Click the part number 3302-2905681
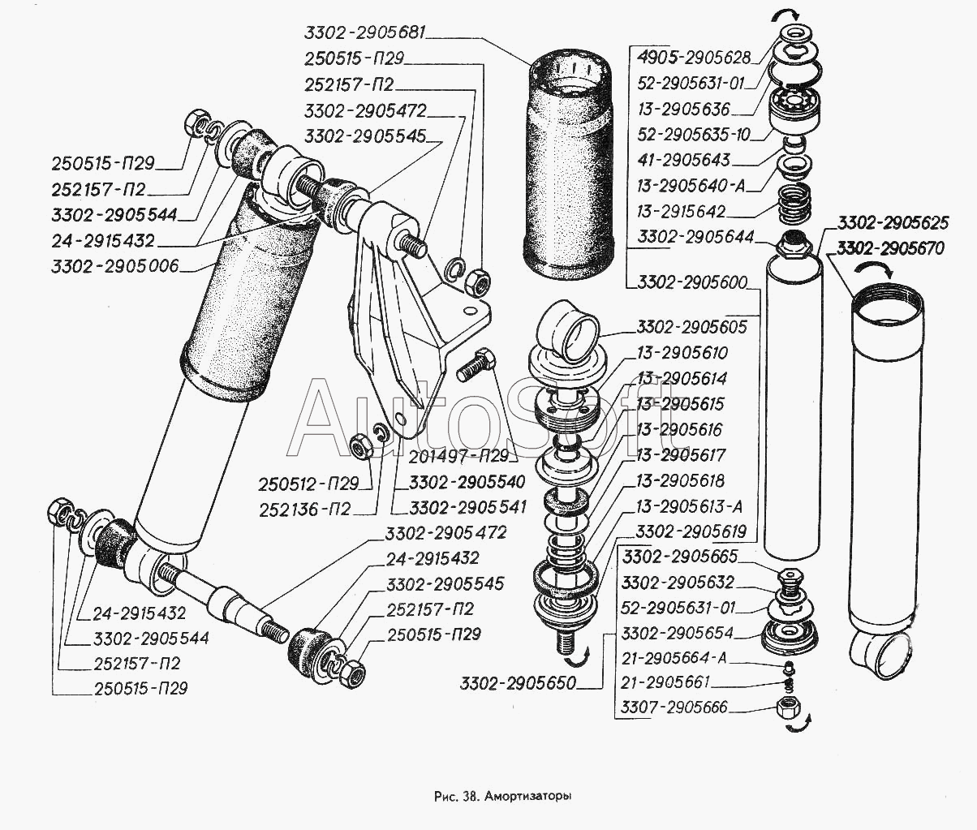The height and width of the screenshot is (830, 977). point(365,32)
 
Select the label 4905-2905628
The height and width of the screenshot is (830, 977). point(694,58)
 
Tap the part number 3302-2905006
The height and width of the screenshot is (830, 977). point(115,266)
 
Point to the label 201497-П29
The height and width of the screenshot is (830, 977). point(458,457)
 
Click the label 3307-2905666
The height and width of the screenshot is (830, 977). point(674,707)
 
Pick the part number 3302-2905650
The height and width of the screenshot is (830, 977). point(518,683)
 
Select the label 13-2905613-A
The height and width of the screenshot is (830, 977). point(689,507)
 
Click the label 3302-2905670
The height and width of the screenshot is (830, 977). point(890,248)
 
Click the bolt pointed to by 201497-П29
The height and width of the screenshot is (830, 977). point(476,365)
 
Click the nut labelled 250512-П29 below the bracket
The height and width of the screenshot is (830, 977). point(361,445)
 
